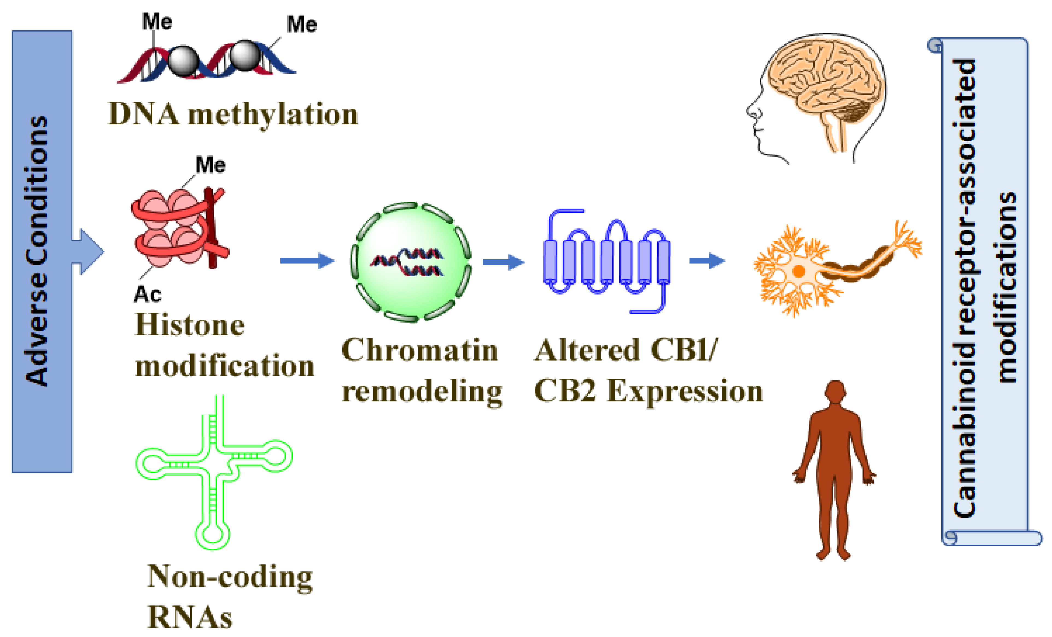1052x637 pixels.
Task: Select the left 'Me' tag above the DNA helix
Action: point(157,21)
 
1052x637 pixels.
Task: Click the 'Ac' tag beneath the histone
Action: point(147,294)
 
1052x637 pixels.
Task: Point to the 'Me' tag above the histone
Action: point(211,165)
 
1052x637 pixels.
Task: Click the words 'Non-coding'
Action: point(230,577)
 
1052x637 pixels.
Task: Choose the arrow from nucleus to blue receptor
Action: point(503,262)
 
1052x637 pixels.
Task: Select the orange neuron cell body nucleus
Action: point(798,271)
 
